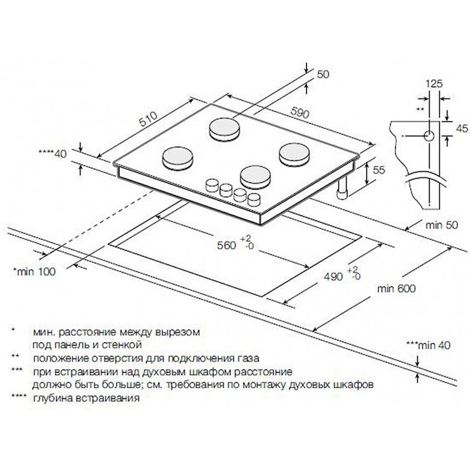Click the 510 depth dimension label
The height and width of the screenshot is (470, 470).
(148, 120)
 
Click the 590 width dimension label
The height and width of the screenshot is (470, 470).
(300, 113)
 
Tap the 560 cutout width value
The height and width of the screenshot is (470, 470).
(226, 246)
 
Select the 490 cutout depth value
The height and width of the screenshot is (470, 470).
(333, 276)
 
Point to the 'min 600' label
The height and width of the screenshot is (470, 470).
(396, 288)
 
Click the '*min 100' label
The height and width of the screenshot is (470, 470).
(34, 271)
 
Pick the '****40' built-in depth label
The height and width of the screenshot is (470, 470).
(53, 154)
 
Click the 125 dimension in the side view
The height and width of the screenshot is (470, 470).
(434, 83)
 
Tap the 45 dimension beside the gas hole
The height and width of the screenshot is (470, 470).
(461, 128)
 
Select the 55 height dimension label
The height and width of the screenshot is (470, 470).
(379, 170)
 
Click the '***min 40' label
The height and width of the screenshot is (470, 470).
(428, 345)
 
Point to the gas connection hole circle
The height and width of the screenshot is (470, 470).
(429, 136)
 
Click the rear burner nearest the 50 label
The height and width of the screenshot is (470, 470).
(225, 128)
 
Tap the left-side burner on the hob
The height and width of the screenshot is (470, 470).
(177, 159)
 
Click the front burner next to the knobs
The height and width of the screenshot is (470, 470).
(256, 177)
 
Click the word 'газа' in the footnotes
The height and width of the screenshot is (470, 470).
(247, 358)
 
